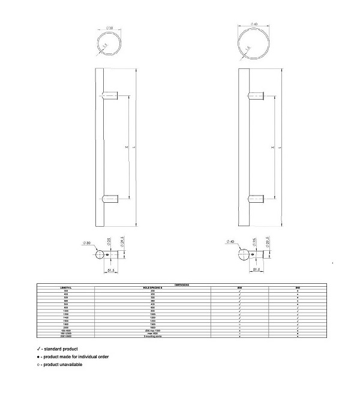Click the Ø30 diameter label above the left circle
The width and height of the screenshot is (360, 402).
tap(109, 28)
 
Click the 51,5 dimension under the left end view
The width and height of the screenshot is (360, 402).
tap(111, 271)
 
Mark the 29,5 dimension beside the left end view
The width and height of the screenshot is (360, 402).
tap(124, 248)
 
